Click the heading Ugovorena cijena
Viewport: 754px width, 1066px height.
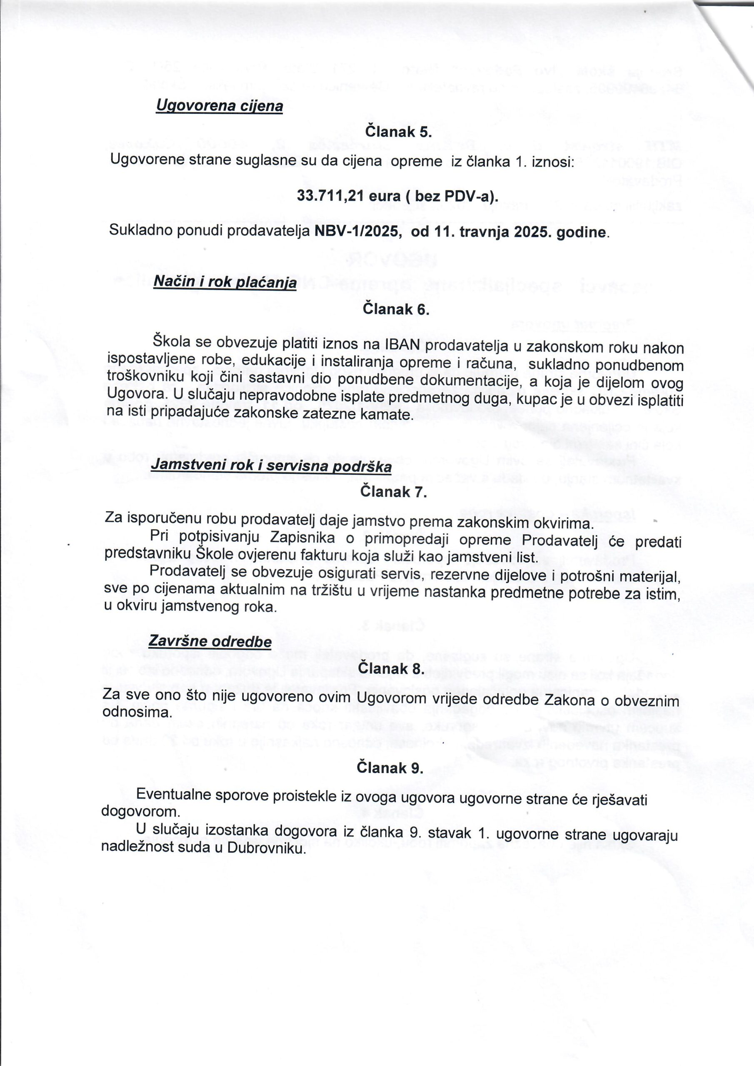[219, 106]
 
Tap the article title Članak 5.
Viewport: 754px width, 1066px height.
[399, 132]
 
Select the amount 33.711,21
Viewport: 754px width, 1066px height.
[331, 197]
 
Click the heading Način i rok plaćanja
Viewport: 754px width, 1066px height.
[225, 282]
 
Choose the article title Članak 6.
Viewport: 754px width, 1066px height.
[396, 309]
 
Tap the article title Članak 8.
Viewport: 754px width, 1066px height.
[392, 669]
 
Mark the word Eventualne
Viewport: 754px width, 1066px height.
[177, 795]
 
